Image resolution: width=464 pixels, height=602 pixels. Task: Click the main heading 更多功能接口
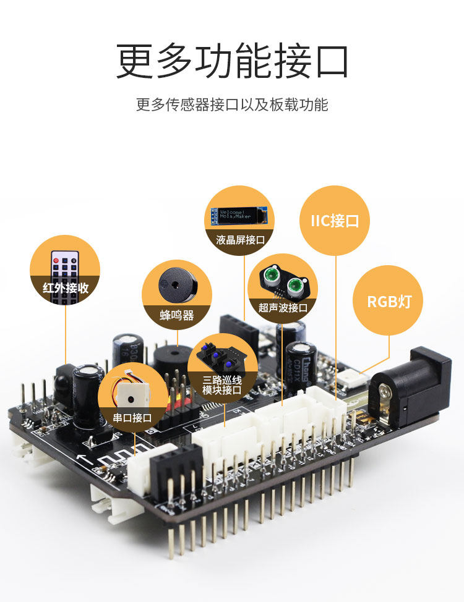click(x=232, y=61)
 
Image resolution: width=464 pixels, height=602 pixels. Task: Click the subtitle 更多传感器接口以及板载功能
click(x=232, y=104)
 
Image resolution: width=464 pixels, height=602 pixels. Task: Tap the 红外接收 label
click(x=66, y=288)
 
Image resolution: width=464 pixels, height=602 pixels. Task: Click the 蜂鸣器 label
click(x=177, y=315)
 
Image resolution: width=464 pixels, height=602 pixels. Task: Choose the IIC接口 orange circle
click(x=335, y=221)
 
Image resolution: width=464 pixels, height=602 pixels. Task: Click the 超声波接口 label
click(x=283, y=307)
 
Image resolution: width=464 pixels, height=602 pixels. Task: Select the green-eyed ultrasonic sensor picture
click(x=283, y=281)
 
